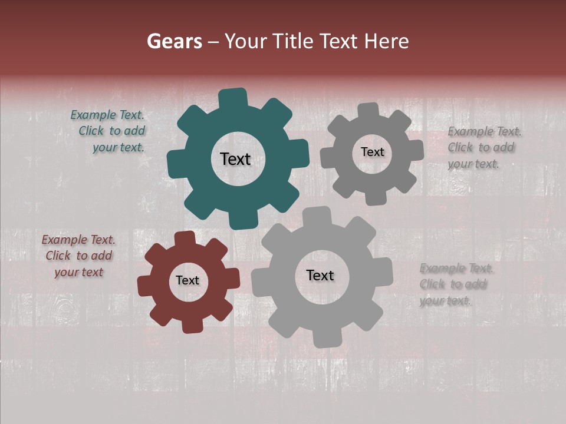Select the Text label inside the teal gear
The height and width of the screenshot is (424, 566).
[x=235, y=159]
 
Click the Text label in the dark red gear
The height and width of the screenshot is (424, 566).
[x=187, y=281]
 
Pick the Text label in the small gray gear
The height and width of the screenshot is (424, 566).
[x=372, y=152]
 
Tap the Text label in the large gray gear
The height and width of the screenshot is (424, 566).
[x=320, y=276]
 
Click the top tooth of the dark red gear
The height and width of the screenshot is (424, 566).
[x=185, y=238]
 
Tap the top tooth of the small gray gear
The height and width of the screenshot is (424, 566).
[x=368, y=111]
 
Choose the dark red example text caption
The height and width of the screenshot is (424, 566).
[x=78, y=256]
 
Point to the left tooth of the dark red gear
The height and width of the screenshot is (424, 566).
[x=145, y=286]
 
